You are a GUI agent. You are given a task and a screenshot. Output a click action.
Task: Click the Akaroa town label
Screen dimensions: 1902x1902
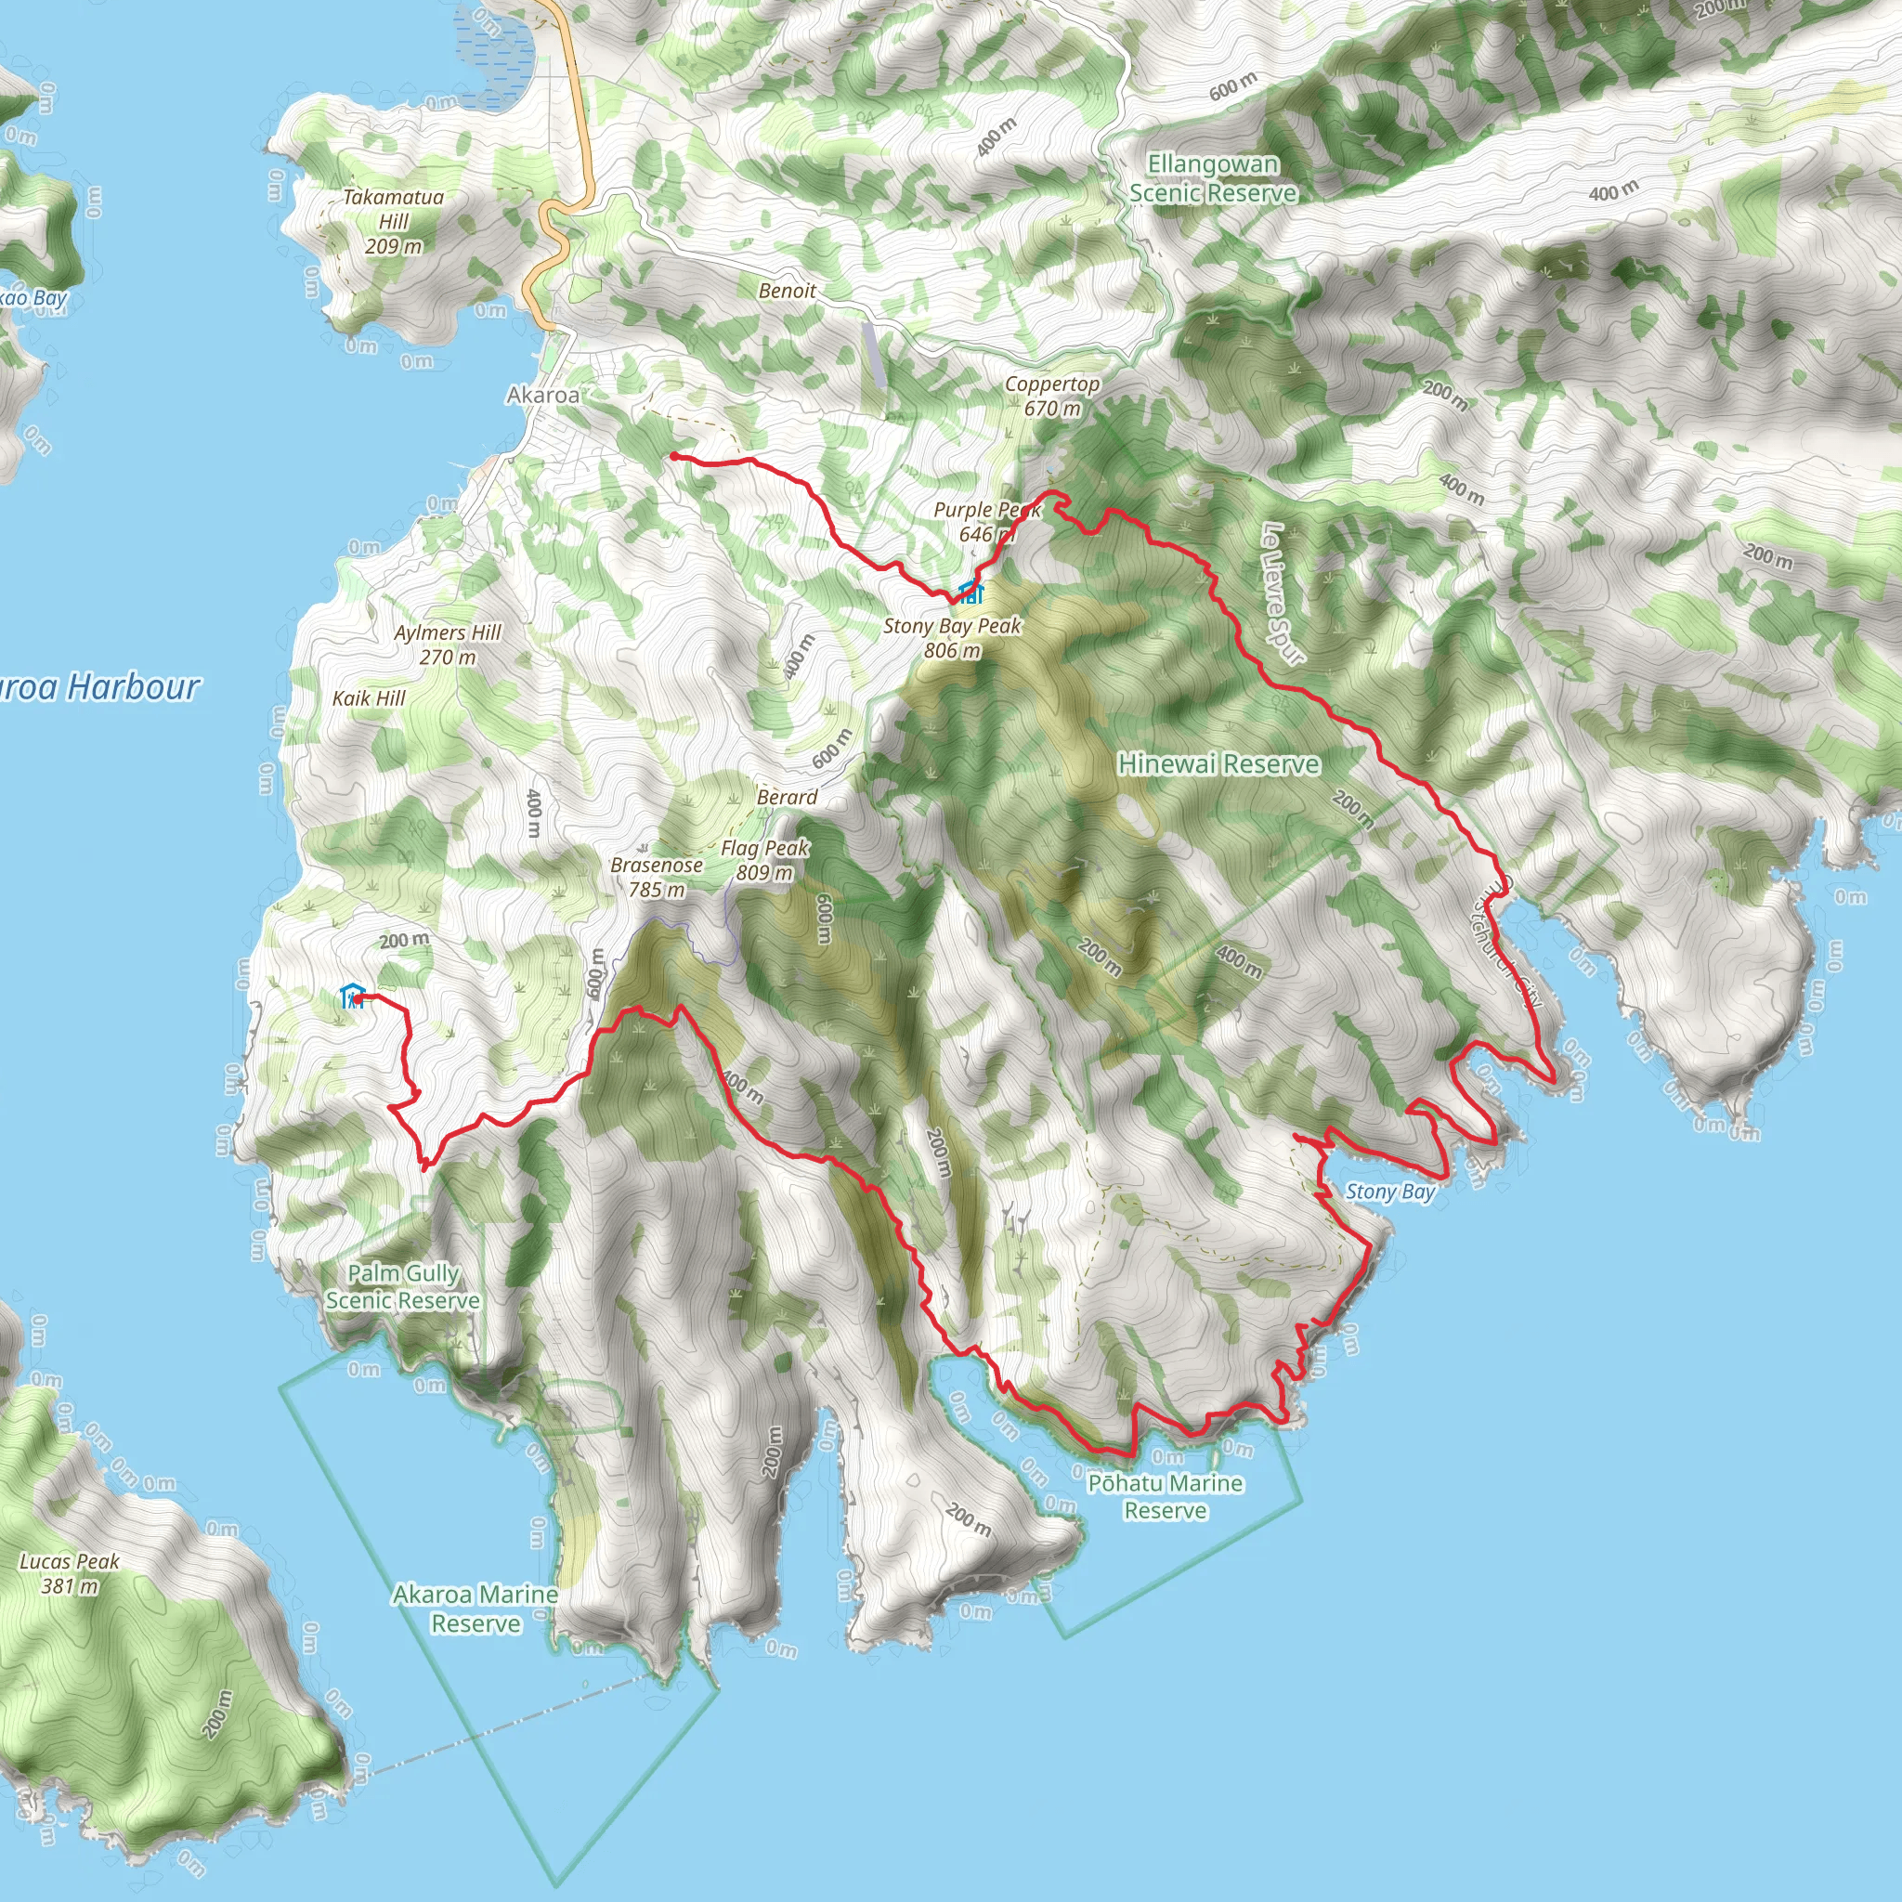[542, 395]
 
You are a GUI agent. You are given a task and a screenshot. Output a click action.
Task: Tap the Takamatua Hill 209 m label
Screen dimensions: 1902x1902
[393, 222]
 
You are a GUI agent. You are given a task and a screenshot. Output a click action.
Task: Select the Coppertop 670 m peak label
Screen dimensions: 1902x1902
[1051, 396]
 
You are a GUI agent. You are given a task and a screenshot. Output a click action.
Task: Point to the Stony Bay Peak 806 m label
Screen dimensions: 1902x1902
[952, 638]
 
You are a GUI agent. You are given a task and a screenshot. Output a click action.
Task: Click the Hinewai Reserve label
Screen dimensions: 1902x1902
[1218, 764]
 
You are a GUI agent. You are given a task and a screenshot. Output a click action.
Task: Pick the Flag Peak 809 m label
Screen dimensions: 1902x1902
[765, 859]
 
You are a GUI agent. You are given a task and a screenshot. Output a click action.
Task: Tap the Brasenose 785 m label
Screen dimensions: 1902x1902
[657, 876]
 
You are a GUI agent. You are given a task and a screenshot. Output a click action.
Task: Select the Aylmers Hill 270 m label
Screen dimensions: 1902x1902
[448, 644]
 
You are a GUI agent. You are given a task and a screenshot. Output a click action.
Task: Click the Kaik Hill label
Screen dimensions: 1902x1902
[370, 698]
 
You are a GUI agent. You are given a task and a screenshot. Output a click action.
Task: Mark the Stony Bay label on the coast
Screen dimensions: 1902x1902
[1390, 1192]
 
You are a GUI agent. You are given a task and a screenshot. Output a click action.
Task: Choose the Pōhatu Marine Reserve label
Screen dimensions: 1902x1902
[1165, 1496]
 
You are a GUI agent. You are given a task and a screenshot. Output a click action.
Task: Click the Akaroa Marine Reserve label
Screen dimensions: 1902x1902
[475, 1608]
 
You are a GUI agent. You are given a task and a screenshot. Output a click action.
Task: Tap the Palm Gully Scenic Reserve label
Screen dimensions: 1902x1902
[404, 1285]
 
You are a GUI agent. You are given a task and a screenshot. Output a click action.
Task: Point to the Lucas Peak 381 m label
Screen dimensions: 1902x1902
[70, 1573]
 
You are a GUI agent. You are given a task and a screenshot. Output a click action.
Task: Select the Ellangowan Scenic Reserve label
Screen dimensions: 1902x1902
[1213, 178]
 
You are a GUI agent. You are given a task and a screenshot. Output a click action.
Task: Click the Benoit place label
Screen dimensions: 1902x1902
[787, 291]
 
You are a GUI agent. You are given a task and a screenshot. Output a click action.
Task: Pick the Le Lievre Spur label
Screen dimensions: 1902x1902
[1282, 593]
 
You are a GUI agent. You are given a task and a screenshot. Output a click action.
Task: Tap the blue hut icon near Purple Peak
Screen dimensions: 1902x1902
[971, 592]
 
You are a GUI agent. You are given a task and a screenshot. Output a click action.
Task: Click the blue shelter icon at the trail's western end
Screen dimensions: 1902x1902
[351, 996]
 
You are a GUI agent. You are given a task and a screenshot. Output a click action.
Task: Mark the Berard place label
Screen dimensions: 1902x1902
[787, 797]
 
